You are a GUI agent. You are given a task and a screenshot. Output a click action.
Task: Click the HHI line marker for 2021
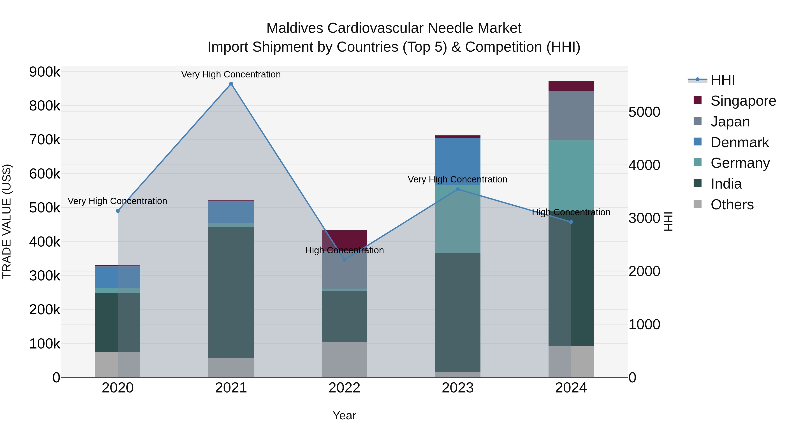[231, 84]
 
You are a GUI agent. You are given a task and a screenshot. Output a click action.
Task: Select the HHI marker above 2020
[118, 211]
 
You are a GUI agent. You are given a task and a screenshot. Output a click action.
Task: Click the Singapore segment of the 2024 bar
[571, 86]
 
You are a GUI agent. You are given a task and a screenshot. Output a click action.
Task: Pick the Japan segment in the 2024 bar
[571, 115]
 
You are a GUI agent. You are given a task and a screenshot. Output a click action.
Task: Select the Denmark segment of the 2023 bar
[458, 161]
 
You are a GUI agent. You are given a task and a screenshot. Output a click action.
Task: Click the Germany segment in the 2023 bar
[458, 219]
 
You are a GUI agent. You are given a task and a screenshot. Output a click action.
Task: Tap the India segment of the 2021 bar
[231, 292]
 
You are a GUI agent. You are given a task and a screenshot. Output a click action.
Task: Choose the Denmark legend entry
[739, 142]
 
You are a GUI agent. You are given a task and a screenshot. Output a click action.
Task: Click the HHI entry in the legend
[722, 80]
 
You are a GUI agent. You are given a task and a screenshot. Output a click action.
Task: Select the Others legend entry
[732, 205]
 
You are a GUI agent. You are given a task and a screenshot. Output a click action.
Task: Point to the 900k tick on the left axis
[45, 72]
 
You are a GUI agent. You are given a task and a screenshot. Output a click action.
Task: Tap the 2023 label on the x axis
[458, 388]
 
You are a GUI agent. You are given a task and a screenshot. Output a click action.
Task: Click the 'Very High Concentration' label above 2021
[231, 74]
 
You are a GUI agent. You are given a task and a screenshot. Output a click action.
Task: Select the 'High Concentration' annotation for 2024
[571, 212]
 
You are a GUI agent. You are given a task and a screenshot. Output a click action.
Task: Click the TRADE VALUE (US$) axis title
[7, 221]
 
